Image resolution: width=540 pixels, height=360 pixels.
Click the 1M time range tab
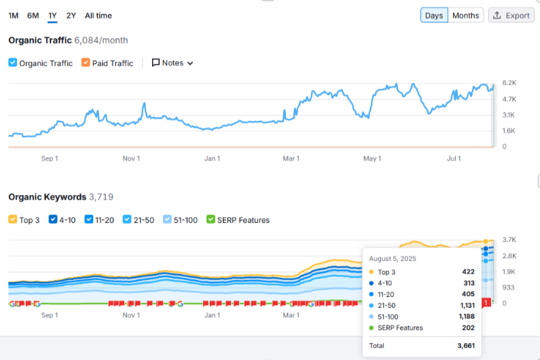(14, 16)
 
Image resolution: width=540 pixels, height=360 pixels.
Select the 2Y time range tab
(71, 16)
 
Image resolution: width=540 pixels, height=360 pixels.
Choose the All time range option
(98, 16)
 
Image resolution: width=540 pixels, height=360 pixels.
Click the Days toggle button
(434, 16)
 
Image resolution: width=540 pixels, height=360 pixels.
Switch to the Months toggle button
(466, 16)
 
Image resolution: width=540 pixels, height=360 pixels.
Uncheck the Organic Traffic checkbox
(13, 63)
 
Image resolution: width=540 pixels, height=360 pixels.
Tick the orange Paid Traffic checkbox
(86, 63)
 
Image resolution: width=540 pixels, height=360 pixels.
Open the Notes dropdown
(173, 63)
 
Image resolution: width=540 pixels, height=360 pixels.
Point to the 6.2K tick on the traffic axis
(509, 83)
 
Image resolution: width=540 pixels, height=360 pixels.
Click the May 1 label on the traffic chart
(372, 159)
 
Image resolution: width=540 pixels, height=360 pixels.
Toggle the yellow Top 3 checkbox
(13, 220)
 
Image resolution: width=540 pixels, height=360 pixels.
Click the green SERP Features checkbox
(211, 220)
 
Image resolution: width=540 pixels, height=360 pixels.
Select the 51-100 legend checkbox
(168, 220)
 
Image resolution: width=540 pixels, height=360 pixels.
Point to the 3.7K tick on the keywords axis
(509, 240)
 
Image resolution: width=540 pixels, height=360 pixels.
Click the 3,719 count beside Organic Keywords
(101, 197)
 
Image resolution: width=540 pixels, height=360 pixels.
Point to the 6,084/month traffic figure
(101, 40)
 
